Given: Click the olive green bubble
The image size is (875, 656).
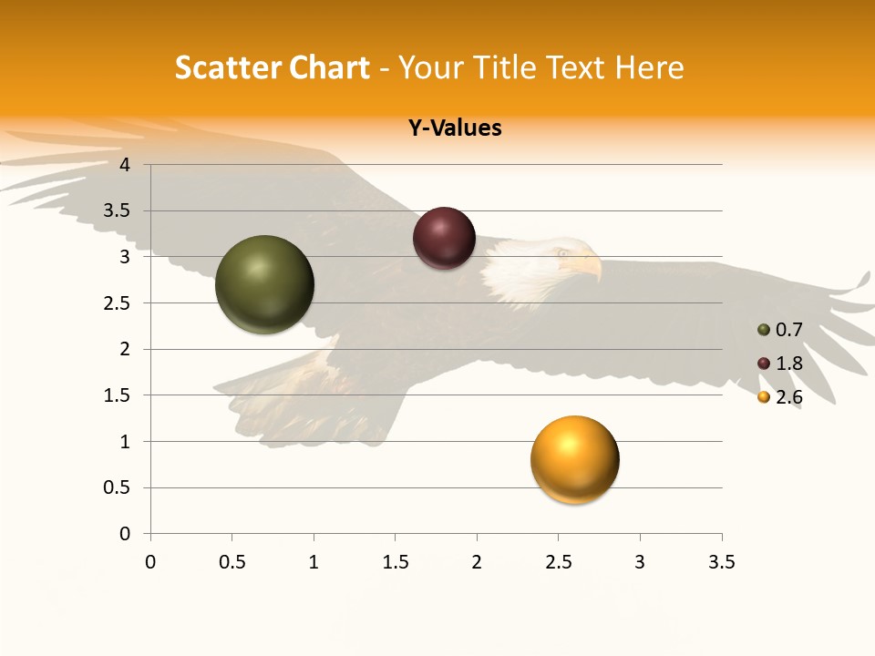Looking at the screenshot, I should tap(264, 284).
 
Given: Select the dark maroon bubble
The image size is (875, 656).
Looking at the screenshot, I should tap(444, 239).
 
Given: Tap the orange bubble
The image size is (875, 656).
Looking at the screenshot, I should tap(574, 459).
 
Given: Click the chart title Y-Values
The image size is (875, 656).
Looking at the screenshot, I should tap(454, 128).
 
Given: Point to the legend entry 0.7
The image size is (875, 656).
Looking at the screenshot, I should tap(787, 330).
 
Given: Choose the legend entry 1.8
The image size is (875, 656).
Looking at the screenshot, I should tap(787, 364).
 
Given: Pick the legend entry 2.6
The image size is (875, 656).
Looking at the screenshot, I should tap(787, 397).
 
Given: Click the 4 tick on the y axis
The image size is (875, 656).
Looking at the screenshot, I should tap(125, 165).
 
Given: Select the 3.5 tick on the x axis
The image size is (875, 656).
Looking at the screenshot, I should tap(721, 562).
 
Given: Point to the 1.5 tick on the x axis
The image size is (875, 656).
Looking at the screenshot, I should tap(395, 562).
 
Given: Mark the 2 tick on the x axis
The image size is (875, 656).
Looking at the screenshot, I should tap(477, 562).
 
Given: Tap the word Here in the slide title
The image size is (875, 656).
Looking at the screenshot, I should tap(649, 67).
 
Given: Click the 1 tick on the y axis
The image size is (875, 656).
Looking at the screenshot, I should tap(125, 442).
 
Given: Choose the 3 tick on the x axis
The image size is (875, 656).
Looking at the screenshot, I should tap(640, 562).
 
